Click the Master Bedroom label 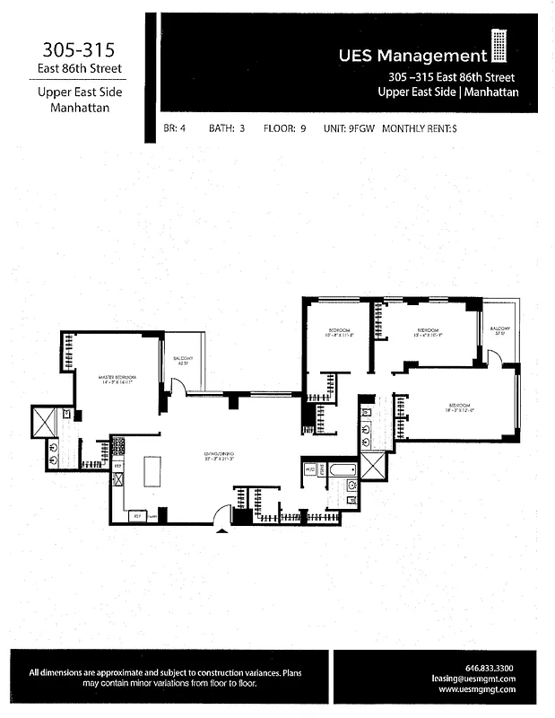pos(117,379)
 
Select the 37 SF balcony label pos(499,332)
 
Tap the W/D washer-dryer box pos(310,468)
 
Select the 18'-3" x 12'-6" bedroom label pos(461,408)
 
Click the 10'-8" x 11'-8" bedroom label pos(340,333)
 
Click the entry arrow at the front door pos(222,530)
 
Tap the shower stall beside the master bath pos(44,421)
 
